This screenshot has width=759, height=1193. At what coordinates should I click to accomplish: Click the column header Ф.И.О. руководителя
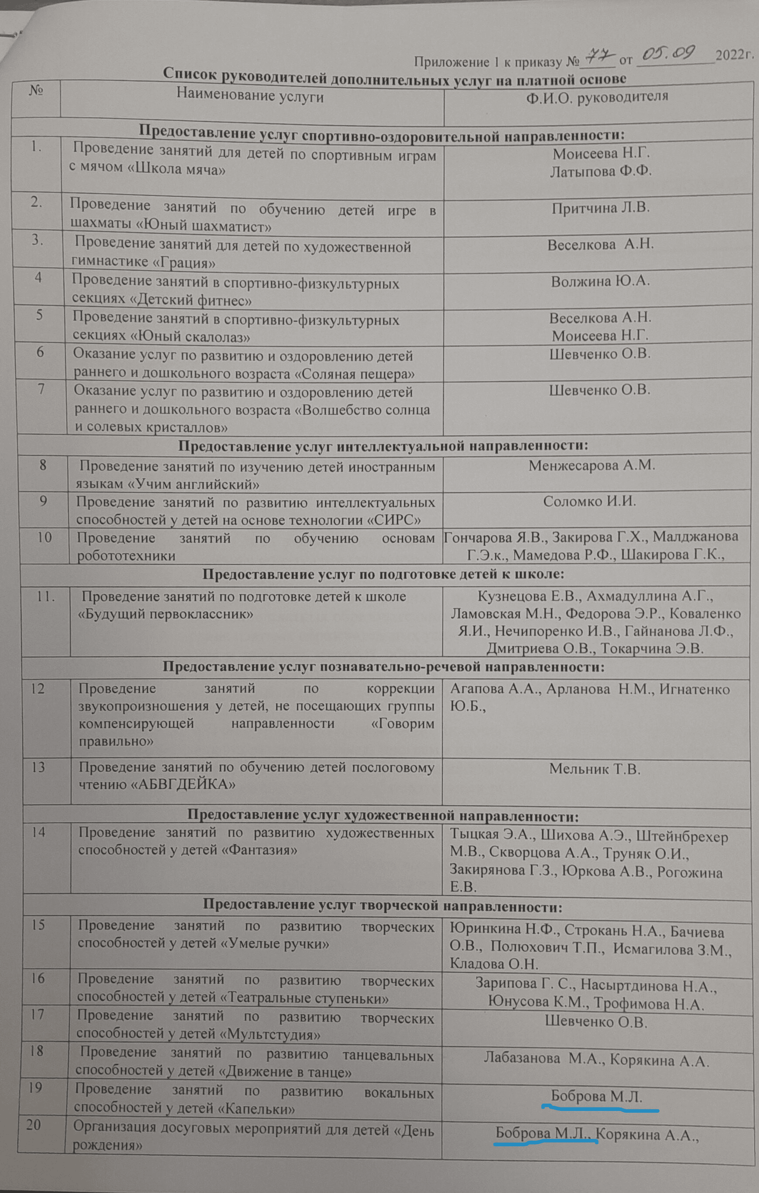pyautogui.click(x=597, y=96)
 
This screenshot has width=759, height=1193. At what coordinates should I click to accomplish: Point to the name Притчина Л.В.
pyautogui.click(x=601, y=208)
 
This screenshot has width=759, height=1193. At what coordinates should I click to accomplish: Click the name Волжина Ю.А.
pyautogui.click(x=601, y=281)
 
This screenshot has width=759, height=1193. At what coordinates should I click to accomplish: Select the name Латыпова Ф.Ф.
pyautogui.click(x=601, y=171)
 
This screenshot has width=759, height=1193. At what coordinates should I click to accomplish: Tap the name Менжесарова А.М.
pyautogui.click(x=591, y=466)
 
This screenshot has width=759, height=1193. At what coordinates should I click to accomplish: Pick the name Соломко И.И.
pyautogui.click(x=589, y=501)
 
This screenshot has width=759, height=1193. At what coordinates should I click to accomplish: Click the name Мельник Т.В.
pyautogui.click(x=595, y=769)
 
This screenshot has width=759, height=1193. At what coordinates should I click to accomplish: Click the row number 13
pyautogui.click(x=38, y=768)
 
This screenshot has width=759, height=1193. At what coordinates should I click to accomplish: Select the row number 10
pyautogui.click(x=44, y=537)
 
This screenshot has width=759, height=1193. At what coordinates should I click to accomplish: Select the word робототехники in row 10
pyautogui.click(x=126, y=556)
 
